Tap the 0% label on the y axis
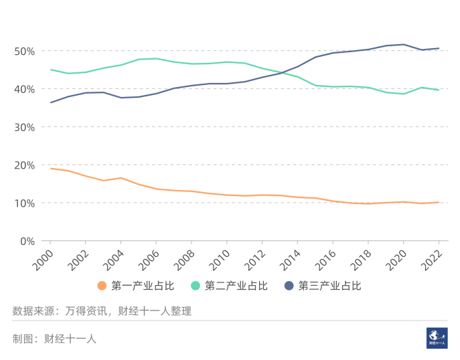coord(26,241)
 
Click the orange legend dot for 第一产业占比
coord(102,286)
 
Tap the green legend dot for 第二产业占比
coord(196,286)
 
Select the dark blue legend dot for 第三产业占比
coord(289,286)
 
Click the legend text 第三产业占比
coord(329,286)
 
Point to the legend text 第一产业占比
coord(143,286)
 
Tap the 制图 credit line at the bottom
coord(54,339)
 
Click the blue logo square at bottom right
coord(437,338)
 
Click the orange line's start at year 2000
coord(50,169)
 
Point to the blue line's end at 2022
coord(439,48)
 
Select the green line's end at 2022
coord(439,90)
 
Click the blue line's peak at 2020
coord(403,44)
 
